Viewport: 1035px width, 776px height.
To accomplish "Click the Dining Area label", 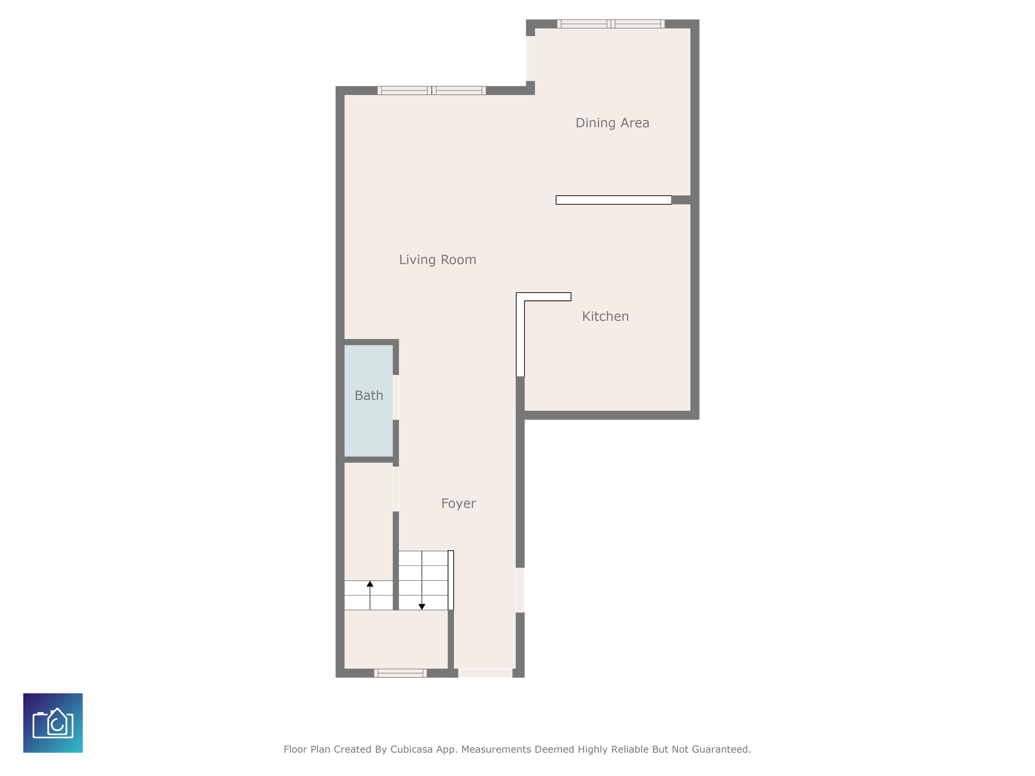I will pos(612,123).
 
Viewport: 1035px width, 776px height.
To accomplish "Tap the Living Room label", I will pos(438,260).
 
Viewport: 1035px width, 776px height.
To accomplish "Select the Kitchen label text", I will pos(605,317).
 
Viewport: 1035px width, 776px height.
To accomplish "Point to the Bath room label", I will pos(369,396).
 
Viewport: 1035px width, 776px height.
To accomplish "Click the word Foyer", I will pos(458,504).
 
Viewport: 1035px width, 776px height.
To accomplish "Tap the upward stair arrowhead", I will pos(370,584).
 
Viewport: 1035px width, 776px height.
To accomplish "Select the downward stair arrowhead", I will pos(422,607).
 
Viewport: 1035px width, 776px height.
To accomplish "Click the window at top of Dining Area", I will pos(611,24).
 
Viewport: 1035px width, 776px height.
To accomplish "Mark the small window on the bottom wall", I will pos(400,673).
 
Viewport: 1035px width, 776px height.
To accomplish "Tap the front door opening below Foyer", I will pos(485,673).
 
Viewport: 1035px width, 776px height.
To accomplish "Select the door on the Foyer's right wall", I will pos(520,590).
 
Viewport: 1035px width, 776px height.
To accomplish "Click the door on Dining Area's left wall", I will pos(530,59).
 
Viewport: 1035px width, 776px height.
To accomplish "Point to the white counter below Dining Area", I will pos(613,200).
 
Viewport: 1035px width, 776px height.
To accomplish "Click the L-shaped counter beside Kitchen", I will pos(520,334).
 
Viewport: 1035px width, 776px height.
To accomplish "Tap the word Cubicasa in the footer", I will pos(411,749).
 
